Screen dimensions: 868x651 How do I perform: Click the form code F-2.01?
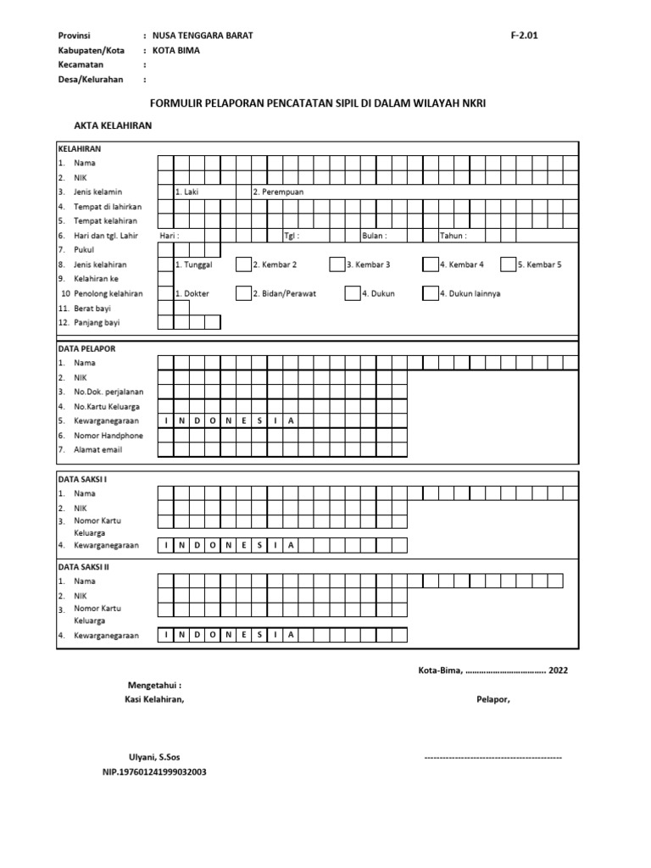[x=524, y=36]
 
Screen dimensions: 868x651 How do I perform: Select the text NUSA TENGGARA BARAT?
[x=202, y=36]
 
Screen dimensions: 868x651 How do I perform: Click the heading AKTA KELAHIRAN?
[x=113, y=125]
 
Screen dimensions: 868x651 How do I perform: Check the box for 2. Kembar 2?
[x=243, y=264]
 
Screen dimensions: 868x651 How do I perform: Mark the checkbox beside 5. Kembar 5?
[x=509, y=264]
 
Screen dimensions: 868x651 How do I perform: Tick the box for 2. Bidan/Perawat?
[x=243, y=293]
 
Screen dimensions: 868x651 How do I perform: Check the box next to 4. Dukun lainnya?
[x=431, y=293]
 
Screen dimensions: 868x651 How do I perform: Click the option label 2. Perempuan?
[x=278, y=192]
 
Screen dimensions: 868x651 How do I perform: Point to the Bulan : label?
[x=375, y=236]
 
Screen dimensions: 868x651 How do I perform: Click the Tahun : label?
[x=453, y=236]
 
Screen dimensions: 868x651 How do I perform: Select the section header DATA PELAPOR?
[x=86, y=348]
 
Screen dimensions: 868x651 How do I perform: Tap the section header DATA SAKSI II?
[x=83, y=566]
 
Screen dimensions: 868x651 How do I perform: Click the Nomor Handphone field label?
[x=108, y=436]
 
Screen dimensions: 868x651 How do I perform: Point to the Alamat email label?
[x=98, y=450]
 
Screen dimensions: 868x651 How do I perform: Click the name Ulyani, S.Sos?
[x=153, y=757]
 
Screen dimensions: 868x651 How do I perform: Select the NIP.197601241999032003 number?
[x=154, y=772]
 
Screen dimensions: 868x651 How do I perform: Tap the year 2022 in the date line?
[x=559, y=670]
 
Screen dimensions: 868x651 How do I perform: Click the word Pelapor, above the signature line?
[x=492, y=699]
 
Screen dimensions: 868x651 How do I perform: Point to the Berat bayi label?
[x=92, y=308]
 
